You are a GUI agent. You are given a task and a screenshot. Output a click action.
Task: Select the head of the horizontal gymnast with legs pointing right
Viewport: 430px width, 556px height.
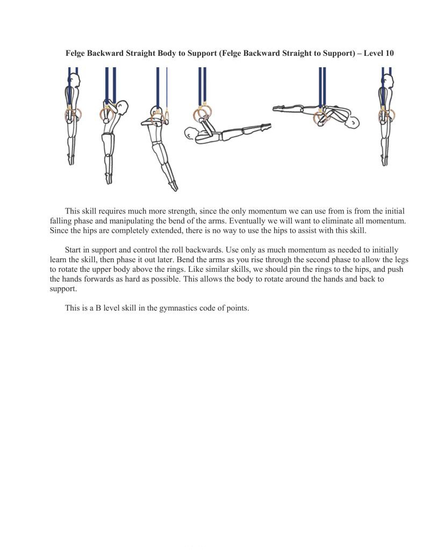[192, 133]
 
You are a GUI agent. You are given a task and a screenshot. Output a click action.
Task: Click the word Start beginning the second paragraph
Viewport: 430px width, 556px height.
[73, 250]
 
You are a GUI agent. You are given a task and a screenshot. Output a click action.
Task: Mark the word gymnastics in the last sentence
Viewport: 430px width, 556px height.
[178, 308]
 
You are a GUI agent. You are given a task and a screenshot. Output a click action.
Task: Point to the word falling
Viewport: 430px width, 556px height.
[61, 221]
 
